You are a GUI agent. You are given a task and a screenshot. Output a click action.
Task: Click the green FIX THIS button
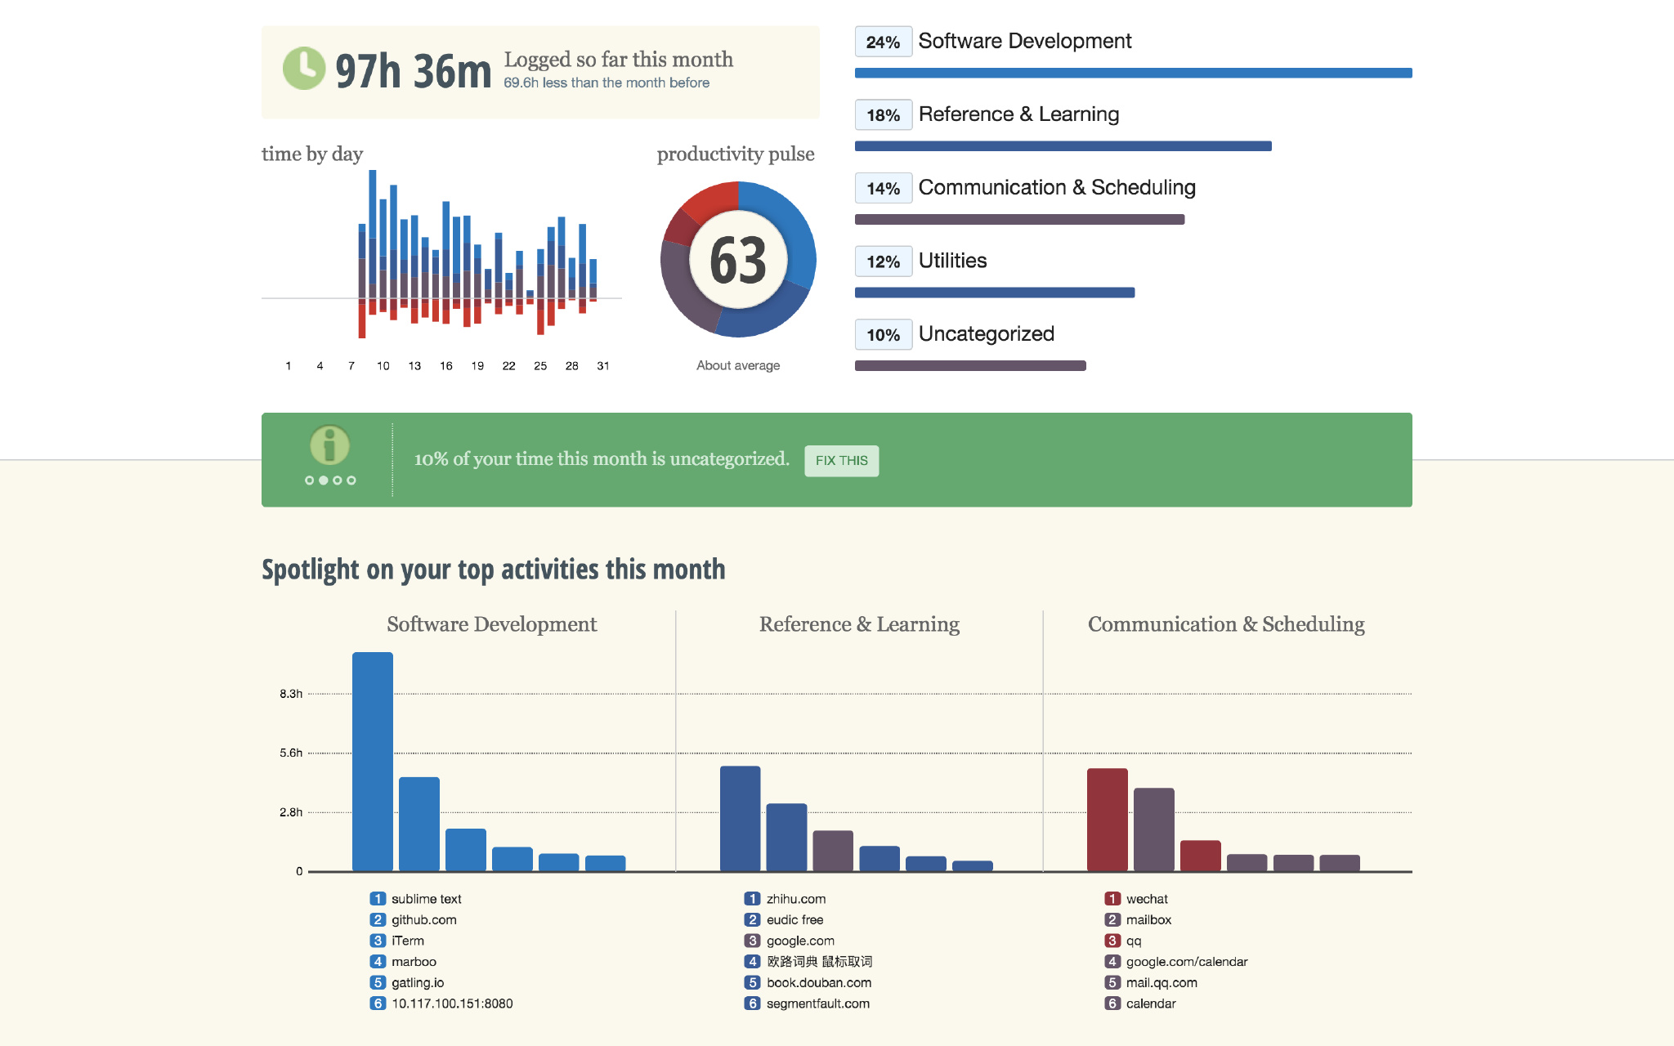(841, 461)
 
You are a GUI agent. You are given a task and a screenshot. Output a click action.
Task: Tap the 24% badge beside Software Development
(883, 42)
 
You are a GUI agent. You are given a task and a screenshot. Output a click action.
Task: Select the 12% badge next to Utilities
(883, 262)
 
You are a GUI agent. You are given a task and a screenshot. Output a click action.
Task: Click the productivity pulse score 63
(738, 261)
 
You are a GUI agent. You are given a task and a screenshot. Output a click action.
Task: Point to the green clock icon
(304, 69)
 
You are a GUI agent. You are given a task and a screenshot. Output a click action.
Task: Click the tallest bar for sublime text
(373, 761)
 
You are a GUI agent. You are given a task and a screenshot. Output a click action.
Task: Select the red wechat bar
(1107, 819)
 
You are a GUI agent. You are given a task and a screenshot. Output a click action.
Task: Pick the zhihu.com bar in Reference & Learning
(740, 818)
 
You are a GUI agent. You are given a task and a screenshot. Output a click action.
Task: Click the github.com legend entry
(423, 920)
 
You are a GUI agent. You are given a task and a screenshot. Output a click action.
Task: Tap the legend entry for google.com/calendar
(1186, 962)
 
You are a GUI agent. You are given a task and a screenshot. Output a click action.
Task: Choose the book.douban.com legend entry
(818, 983)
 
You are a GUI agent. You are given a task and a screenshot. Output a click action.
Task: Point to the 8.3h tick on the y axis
(291, 694)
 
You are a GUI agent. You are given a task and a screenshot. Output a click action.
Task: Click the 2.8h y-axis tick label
(291, 812)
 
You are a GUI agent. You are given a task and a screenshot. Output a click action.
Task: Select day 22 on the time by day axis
(508, 366)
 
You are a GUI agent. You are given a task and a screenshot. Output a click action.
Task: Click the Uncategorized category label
(986, 334)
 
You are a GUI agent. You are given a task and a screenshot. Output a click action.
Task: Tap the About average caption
(738, 365)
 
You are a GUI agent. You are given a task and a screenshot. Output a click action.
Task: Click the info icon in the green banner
(329, 446)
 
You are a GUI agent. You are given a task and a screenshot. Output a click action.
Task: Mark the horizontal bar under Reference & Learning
(1063, 146)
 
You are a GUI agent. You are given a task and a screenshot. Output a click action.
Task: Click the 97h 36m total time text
(414, 71)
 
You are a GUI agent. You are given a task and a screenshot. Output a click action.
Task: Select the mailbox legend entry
(1148, 920)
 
